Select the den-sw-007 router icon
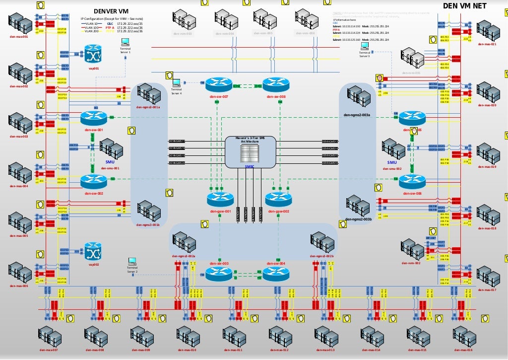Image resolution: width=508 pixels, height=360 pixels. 219,84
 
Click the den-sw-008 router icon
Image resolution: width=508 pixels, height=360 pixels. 275,84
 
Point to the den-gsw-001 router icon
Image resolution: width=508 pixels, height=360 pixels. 220,200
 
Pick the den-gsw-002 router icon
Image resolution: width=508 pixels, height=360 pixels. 278,200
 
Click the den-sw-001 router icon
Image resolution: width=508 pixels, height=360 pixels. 93,118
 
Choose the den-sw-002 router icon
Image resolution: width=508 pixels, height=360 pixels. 93,181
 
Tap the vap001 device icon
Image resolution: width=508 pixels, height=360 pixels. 93,54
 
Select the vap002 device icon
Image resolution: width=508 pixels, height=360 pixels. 93,251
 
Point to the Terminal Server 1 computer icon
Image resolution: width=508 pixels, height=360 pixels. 125,43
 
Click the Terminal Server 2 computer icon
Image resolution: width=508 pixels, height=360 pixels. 132,262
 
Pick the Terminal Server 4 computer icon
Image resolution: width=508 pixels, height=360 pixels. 176,83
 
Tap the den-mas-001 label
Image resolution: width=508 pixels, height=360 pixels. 19,37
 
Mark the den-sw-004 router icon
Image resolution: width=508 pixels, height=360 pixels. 275,273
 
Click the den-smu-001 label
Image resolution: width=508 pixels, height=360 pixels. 110,168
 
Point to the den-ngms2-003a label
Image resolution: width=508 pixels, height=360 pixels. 357,115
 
